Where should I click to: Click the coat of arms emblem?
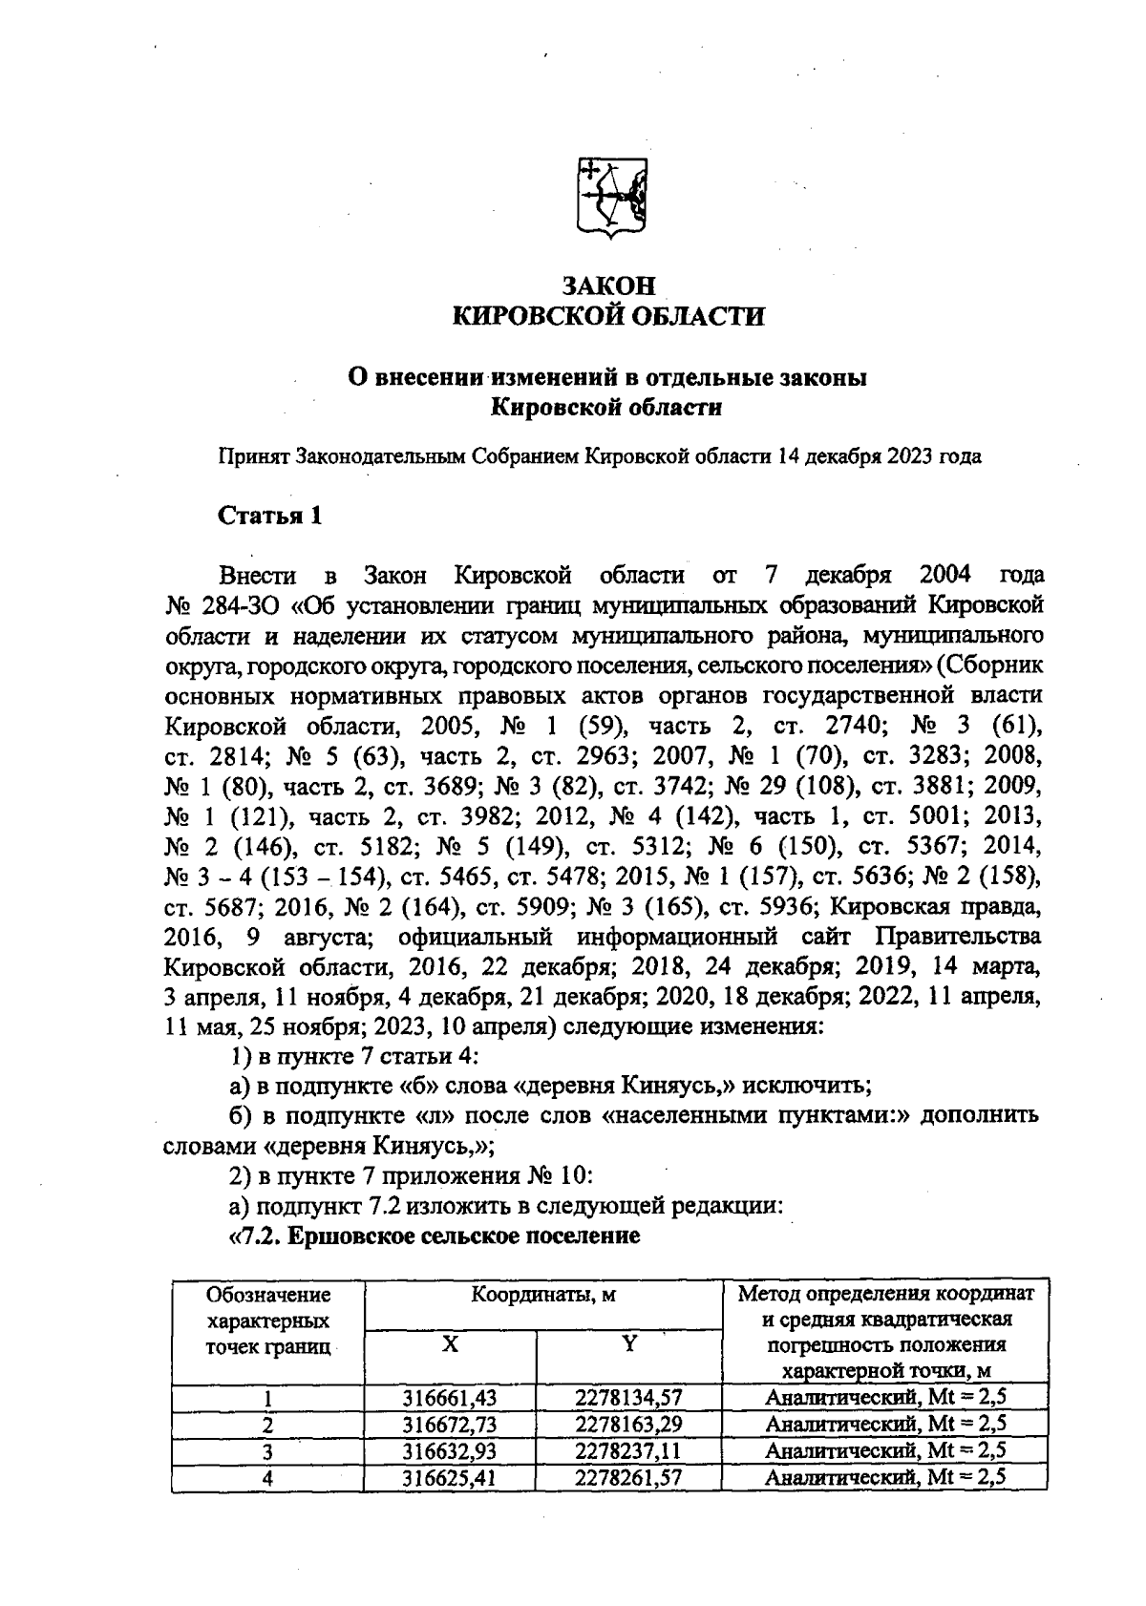click(x=610, y=199)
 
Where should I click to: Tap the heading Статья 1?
click(x=270, y=516)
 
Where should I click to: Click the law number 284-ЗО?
click(x=238, y=605)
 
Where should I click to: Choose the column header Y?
click(x=629, y=1344)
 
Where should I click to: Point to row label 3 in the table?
click(x=268, y=1451)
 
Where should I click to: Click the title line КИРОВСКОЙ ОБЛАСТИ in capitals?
click(x=608, y=317)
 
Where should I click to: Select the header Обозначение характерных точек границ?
click(x=268, y=1321)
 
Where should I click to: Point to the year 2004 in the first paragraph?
click(x=944, y=575)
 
